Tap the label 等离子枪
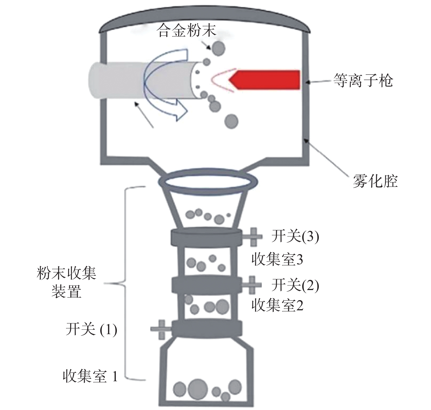tap(363, 81)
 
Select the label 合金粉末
tap(187, 31)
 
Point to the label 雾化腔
tap(375, 181)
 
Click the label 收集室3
tap(277, 260)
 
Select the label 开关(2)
tap(295, 285)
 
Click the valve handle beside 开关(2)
tap(252, 285)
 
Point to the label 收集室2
tap(277, 306)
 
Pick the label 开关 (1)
tap(91, 329)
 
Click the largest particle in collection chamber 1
tap(198, 388)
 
